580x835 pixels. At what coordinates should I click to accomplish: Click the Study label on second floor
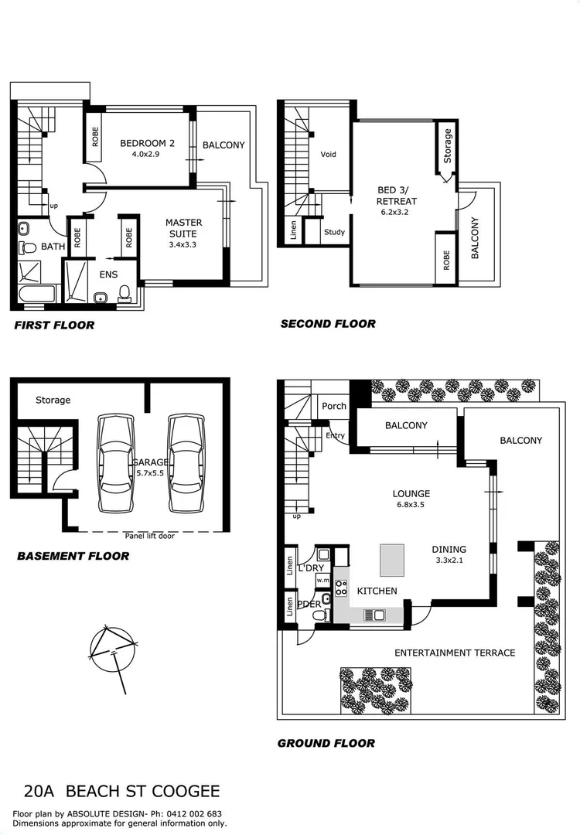(335, 232)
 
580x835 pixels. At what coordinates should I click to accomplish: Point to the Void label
(329, 155)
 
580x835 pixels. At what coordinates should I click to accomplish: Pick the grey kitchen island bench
(392, 558)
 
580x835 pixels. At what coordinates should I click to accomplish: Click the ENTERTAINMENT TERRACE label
(455, 653)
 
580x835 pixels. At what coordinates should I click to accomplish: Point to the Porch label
(334, 407)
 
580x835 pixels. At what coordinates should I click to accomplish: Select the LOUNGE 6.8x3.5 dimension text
(411, 506)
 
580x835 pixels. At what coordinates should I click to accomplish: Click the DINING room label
(449, 550)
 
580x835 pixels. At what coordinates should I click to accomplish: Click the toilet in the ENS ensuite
(125, 293)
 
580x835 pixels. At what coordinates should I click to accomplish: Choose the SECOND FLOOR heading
(328, 324)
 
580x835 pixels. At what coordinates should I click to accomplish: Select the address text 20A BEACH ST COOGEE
(122, 791)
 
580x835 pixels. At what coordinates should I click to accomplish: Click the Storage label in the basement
(53, 400)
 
